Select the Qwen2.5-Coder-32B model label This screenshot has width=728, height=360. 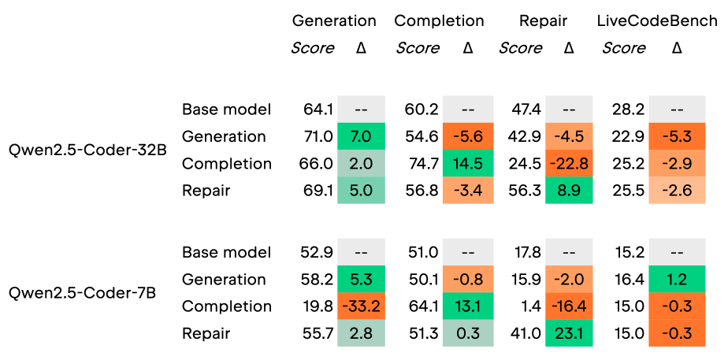pyautogui.click(x=87, y=150)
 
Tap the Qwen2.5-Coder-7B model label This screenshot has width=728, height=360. pyautogui.click(x=82, y=293)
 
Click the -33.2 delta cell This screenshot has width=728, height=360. pyautogui.click(x=360, y=306)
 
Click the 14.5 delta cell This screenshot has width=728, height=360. pyautogui.click(x=468, y=163)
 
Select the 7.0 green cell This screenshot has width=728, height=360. pyautogui.click(x=360, y=136)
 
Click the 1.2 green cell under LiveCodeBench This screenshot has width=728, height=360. pyautogui.click(x=677, y=280)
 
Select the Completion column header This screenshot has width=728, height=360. pyautogui.click(x=439, y=21)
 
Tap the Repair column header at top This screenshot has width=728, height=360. pyautogui.click(x=543, y=21)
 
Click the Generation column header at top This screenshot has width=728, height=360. pyautogui.click(x=334, y=21)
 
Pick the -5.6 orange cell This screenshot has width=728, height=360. pyautogui.click(x=468, y=136)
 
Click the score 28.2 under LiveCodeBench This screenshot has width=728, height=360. pyautogui.click(x=629, y=110)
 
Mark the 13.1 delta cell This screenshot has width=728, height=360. pyautogui.click(x=468, y=306)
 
